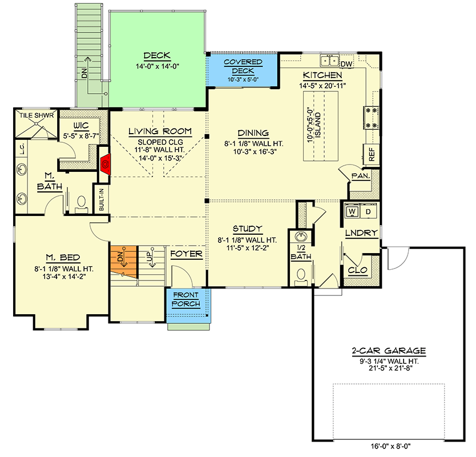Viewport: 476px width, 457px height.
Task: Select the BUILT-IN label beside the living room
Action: click(102, 200)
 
